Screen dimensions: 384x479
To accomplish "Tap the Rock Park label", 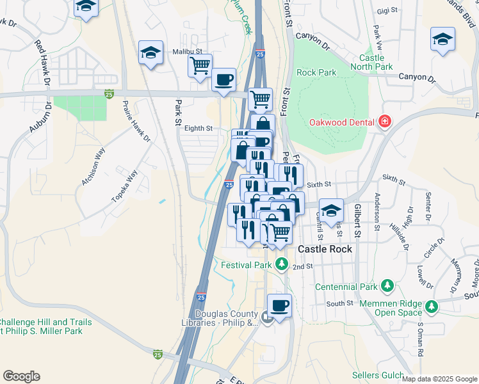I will pyautogui.click(x=316, y=72).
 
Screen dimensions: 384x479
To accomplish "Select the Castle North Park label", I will pyautogui.click(x=371, y=62).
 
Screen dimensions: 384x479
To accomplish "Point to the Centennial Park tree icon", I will pyautogui.click(x=387, y=284).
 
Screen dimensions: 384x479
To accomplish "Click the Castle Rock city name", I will pyautogui.click(x=325, y=248).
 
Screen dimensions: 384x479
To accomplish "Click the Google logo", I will pyautogui.click(x=21, y=376).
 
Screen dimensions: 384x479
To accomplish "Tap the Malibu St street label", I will pyautogui.click(x=186, y=51).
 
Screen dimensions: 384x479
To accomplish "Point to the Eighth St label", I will pyautogui.click(x=198, y=128).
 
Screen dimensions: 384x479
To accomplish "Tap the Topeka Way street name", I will pyautogui.click(x=124, y=186).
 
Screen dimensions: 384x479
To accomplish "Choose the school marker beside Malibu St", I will pyautogui.click(x=150, y=53).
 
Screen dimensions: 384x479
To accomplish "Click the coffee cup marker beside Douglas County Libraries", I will pyautogui.click(x=279, y=306).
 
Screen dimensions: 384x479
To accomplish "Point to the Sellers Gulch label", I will pyautogui.click(x=378, y=375).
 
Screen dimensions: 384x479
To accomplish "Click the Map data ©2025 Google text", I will pyautogui.click(x=439, y=379).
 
